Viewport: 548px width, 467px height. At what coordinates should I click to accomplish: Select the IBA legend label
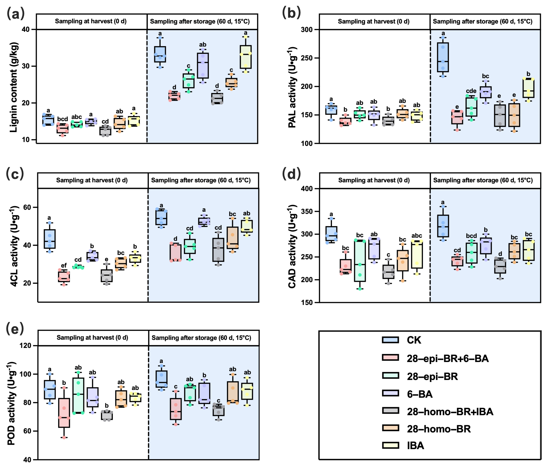click(415, 446)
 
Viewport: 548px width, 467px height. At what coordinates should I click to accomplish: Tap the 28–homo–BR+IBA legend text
click(450, 412)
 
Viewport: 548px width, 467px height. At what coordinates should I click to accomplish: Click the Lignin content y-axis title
click(14, 87)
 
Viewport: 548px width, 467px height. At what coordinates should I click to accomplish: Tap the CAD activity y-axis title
click(292, 246)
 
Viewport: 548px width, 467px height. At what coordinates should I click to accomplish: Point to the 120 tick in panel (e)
click(25, 346)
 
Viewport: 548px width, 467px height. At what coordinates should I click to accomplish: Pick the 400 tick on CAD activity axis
click(307, 189)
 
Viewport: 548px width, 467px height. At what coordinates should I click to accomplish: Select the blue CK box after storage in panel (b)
click(443, 57)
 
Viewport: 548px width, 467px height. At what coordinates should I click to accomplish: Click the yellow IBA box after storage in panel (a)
click(246, 57)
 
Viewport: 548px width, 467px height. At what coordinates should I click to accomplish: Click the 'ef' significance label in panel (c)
click(64, 265)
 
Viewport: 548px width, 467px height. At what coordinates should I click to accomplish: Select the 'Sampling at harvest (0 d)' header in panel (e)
click(92, 338)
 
